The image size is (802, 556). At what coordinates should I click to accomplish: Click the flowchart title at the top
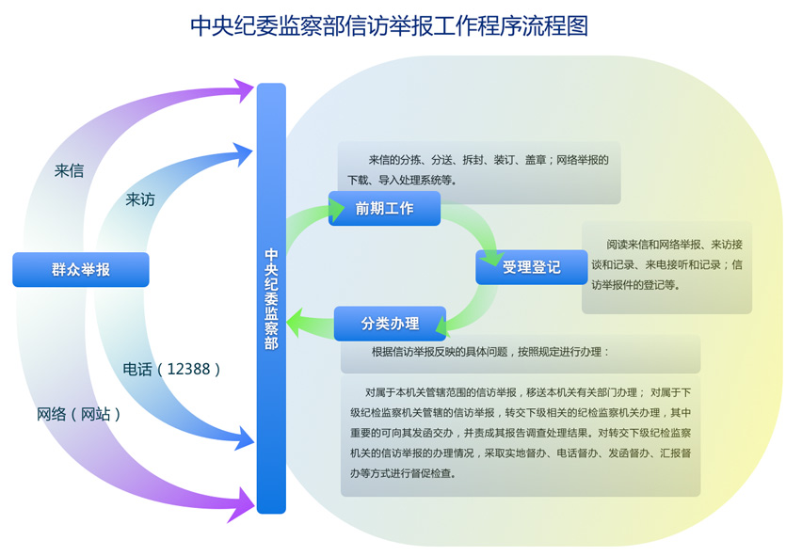pos(389,25)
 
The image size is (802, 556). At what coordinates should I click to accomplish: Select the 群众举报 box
pos(81,269)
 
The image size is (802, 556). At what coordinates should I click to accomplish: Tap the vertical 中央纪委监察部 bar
pos(271,298)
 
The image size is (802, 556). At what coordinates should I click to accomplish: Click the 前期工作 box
pos(384,209)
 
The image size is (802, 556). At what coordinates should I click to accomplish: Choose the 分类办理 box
pos(390,324)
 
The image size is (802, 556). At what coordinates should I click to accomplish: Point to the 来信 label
pos(69,171)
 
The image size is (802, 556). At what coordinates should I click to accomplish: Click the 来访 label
pos(140,199)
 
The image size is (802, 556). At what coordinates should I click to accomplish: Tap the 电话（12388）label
pos(172,370)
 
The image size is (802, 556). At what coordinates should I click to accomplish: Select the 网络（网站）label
pos(79,414)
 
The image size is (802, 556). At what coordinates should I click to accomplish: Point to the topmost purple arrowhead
pos(244,90)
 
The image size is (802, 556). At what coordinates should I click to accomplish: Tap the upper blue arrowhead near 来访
pos(242,150)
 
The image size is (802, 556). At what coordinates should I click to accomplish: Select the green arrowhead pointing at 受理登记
pos(492,253)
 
